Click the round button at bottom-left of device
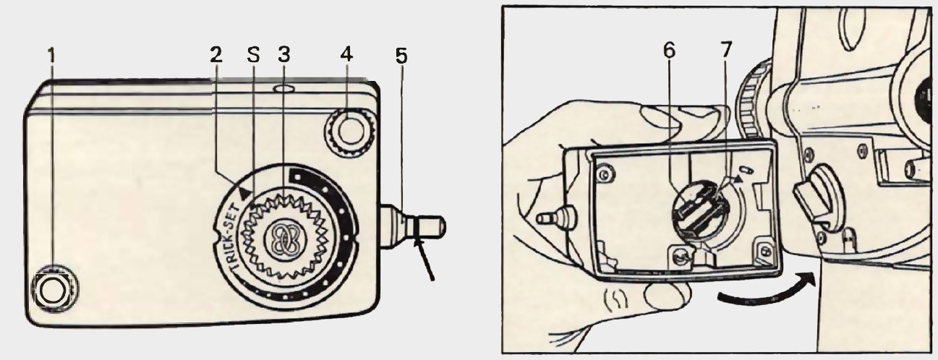[x=51, y=289]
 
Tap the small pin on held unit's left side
[x=549, y=215]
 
